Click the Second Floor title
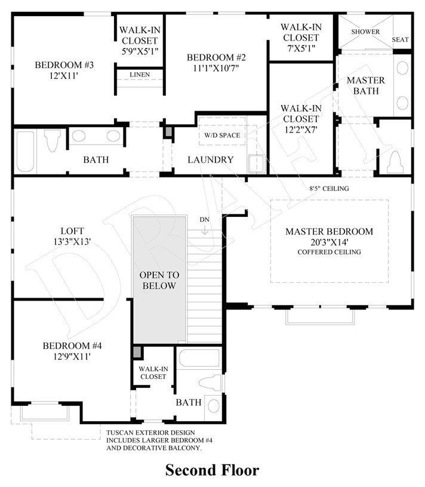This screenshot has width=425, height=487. coord(212,470)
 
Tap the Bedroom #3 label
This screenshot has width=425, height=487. coord(64,65)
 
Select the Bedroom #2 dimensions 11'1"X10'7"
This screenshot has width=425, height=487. coord(216,68)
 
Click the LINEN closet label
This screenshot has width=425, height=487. coord(140,75)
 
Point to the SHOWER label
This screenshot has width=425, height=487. coord(365,32)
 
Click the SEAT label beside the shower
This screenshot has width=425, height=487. coord(400,39)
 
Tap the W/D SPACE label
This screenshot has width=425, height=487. coord(222,135)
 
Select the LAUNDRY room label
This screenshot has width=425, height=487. coord(210,160)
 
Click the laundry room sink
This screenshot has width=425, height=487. coord(256,163)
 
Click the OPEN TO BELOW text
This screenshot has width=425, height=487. coord(159,280)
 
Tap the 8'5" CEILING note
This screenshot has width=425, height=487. coord(329,189)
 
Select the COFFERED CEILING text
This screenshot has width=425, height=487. coord(329,252)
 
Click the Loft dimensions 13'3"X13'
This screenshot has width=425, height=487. coord(72,241)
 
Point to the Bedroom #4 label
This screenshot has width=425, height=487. coord(72,346)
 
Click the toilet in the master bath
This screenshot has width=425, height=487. coord(396,162)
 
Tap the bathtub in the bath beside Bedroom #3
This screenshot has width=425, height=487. coord(26,152)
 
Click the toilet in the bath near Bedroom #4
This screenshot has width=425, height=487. coord(210,382)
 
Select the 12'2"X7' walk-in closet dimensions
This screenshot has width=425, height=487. coord(301,130)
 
